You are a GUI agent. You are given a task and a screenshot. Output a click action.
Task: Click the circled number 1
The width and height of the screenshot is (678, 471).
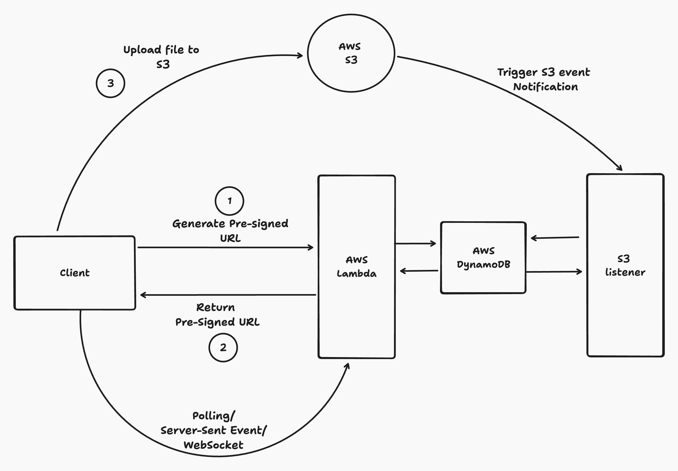click(x=229, y=201)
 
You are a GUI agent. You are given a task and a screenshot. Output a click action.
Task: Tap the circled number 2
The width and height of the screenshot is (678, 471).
click(x=223, y=347)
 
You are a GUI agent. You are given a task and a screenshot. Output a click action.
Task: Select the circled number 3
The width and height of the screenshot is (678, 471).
click(x=110, y=83)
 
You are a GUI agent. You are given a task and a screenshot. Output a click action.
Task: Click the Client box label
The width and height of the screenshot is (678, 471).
click(x=75, y=273)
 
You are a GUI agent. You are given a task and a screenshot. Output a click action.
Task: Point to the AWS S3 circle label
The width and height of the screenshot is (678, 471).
click(x=350, y=53)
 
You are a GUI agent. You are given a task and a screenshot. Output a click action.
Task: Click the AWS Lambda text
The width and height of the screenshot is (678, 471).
click(x=357, y=266)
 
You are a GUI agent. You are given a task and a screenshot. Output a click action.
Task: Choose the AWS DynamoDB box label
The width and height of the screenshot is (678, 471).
click(x=483, y=258)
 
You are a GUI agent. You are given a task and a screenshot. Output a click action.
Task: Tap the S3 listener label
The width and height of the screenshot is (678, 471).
click(x=625, y=265)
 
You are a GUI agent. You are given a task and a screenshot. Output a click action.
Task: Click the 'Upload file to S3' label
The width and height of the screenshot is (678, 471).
click(x=161, y=57)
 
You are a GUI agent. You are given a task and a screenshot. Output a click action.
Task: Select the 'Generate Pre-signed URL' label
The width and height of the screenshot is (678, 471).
click(x=230, y=230)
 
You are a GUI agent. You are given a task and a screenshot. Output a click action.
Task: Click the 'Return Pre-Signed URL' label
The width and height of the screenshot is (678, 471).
click(x=217, y=315)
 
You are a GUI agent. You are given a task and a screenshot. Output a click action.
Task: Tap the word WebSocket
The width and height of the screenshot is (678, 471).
click(x=213, y=445)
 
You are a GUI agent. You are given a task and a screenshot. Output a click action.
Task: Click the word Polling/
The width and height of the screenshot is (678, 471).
click(x=214, y=416)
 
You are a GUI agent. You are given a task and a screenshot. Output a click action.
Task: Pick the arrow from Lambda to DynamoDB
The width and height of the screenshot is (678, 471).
click(x=416, y=244)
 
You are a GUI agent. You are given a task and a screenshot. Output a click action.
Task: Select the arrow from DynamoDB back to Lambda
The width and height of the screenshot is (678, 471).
click(x=419, y=271)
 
